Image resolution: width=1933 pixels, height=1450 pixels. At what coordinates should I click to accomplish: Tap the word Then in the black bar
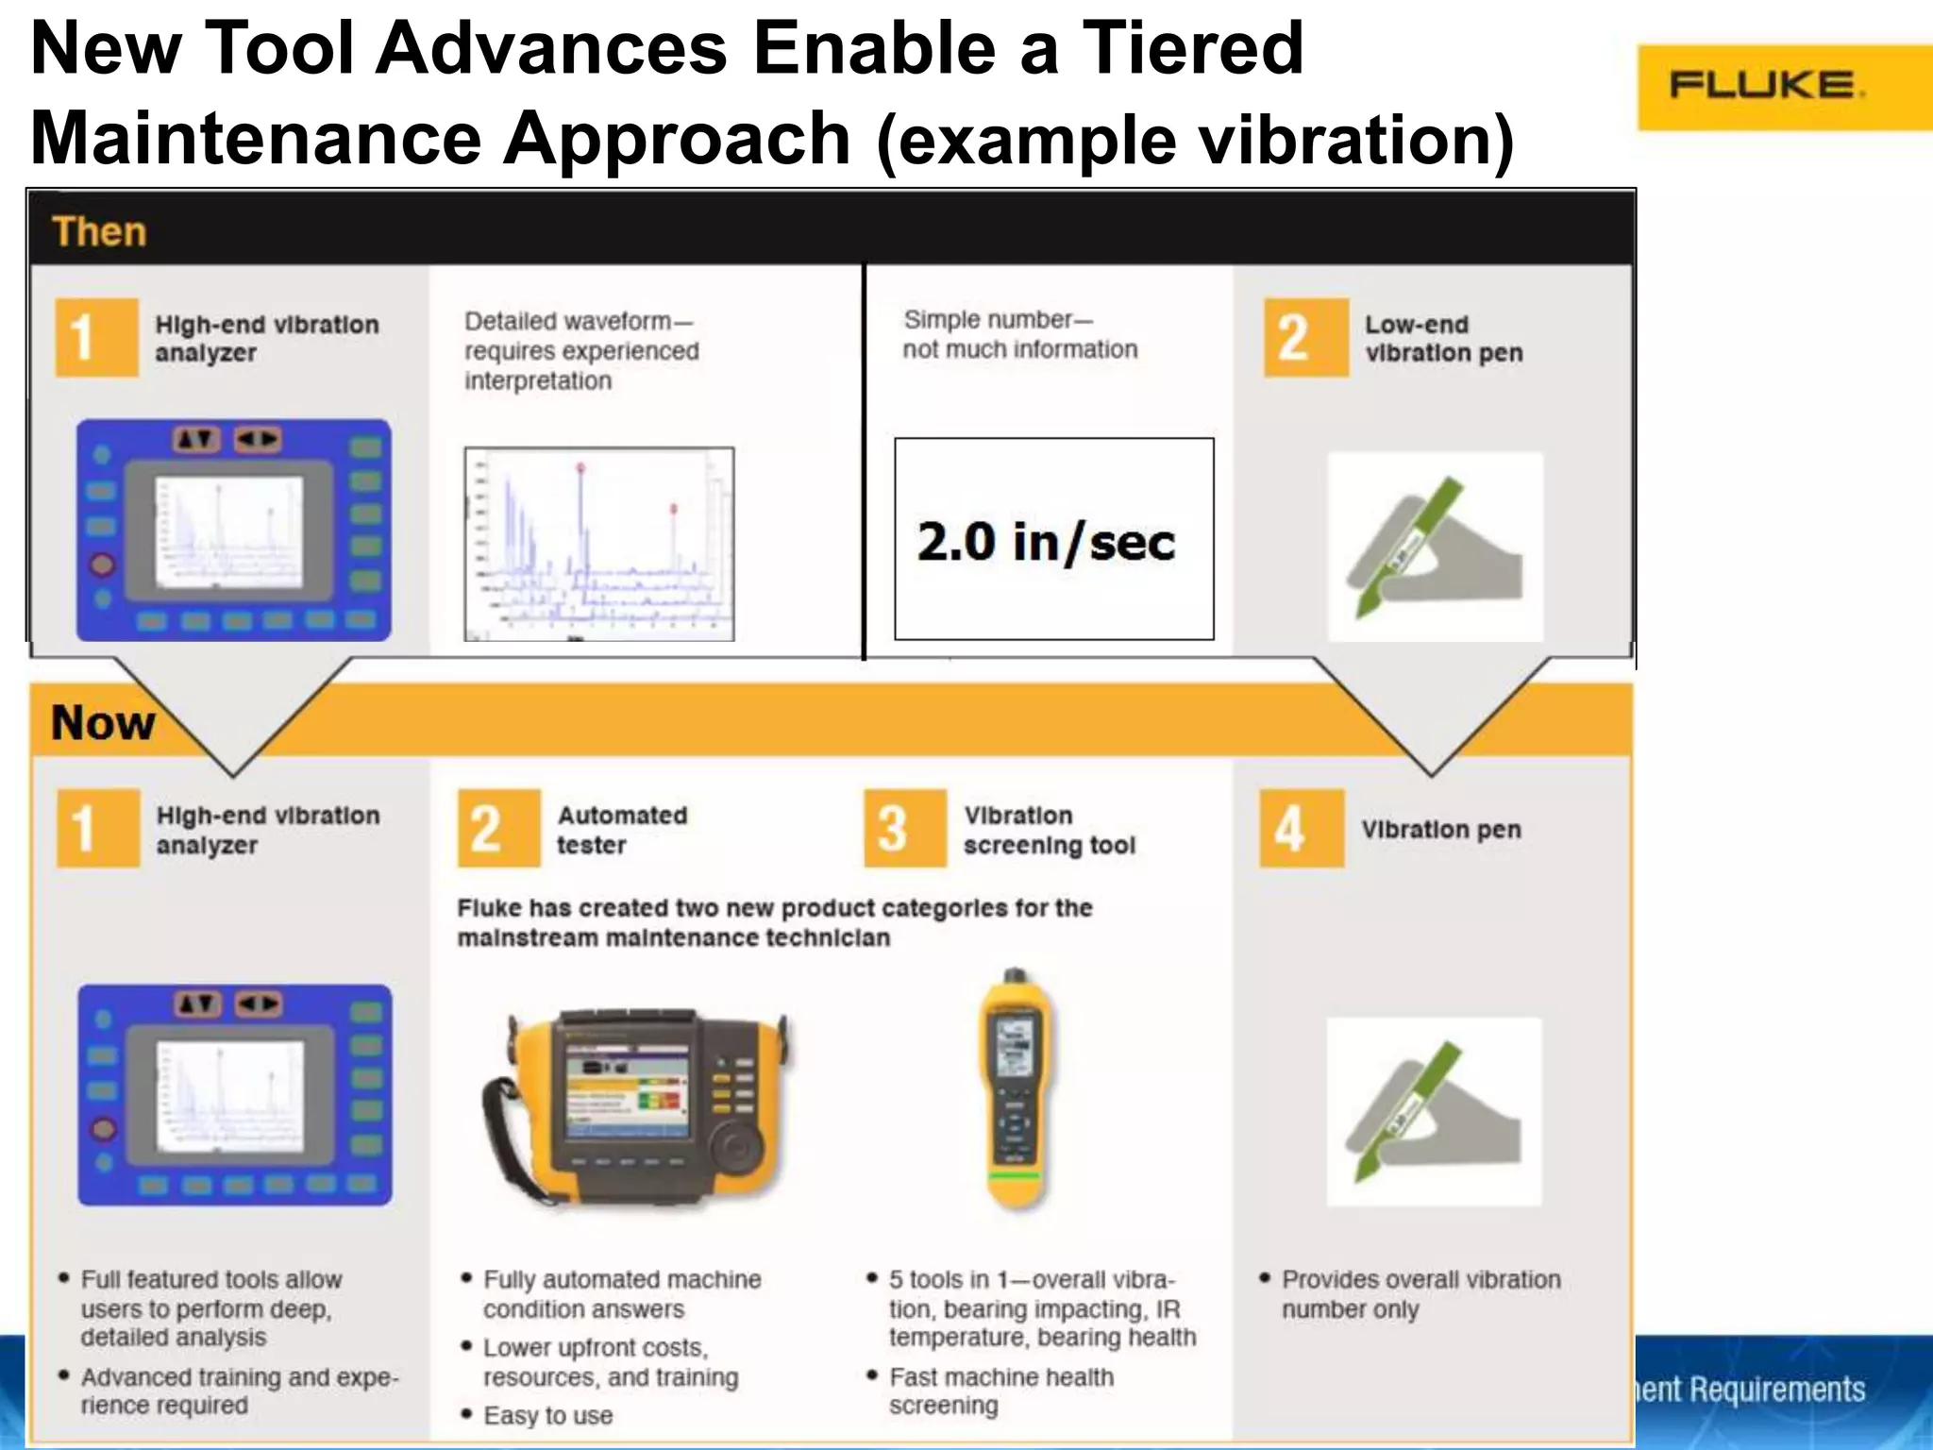100,232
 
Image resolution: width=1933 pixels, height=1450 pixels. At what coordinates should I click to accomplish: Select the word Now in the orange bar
103,723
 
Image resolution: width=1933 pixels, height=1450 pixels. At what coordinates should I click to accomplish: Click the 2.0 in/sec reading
1046,542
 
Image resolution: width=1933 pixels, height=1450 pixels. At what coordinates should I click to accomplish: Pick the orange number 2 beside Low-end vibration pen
1294,338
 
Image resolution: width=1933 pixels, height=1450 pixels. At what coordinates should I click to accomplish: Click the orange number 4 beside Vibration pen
1290,829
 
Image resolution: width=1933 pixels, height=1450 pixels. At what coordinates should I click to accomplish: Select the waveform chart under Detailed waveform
599,544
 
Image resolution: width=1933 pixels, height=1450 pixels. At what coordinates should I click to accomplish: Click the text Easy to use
547,1416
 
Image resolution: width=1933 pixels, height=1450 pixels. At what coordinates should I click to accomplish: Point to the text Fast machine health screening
1000,1391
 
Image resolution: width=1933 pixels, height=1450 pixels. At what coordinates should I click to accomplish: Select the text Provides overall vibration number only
1420,1294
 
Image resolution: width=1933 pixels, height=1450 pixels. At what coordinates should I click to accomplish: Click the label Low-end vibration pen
1443,339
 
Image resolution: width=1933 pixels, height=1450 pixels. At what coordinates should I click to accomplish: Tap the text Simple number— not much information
1019,335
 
